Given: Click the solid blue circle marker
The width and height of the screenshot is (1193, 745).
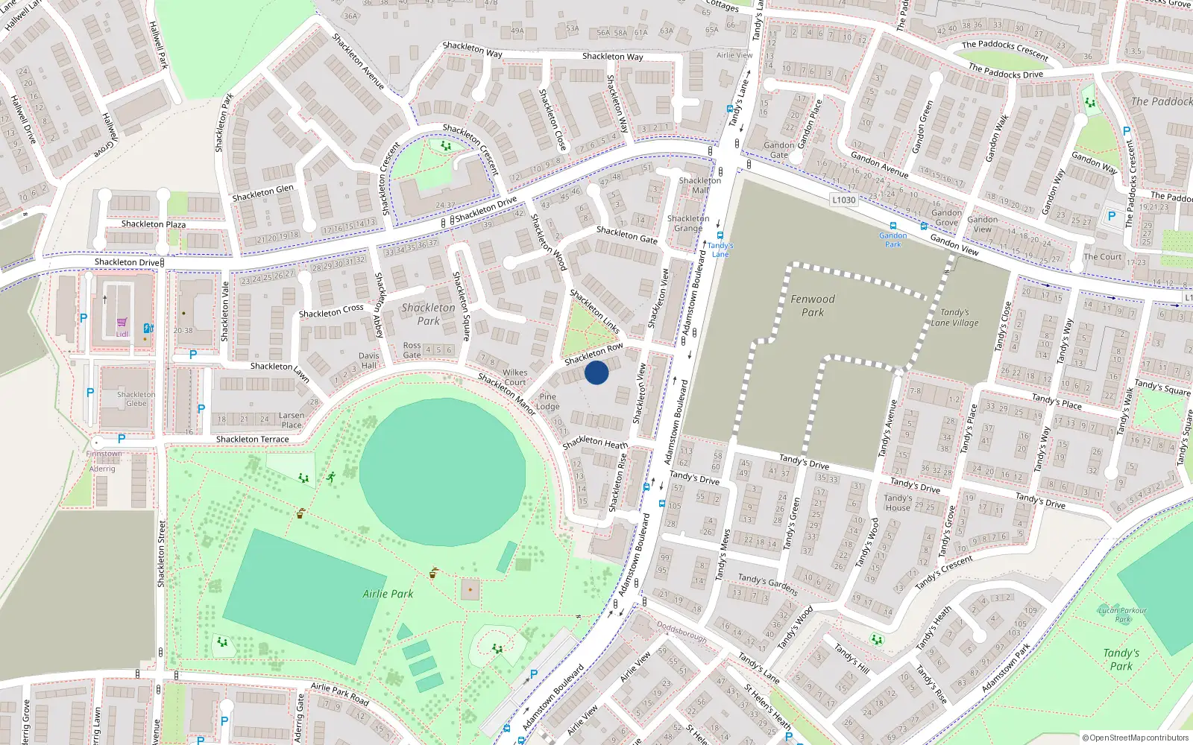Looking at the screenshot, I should pyautogui.click(x=596, y=372).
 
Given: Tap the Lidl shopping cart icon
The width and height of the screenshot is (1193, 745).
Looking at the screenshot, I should pyautogui.click(x=122, y=323).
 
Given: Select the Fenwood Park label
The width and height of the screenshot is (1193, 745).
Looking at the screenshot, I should pyautogui.click(x=813, y=305).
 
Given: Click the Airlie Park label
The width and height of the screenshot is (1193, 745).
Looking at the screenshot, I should pyautogui.click(x=388, y=594).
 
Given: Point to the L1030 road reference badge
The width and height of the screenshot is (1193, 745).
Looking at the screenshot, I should pyautogui.click(x=843, y=200).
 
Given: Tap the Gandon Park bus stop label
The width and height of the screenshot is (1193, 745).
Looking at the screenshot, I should pyautogui.click(x=893, y=240).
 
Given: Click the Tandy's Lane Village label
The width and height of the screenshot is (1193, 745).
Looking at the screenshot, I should pyautogui.click(x=955, y=317).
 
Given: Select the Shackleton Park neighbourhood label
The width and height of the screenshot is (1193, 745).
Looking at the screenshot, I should pyautogui.click(x=428, y=314).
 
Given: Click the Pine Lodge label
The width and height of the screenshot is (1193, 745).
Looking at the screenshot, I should pyautogui.click(x=547, y=402).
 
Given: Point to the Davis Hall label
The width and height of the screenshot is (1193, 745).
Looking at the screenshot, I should pyautogui.click(x=369, y=361).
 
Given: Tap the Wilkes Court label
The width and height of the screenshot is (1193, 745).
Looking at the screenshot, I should pyautogui.click(x=514, y=377).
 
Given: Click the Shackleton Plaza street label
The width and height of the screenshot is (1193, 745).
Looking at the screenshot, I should pyautogui.click(x=154, y=224).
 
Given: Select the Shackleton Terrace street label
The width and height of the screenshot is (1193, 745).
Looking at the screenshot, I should pyautogui.click(x=252, y=440).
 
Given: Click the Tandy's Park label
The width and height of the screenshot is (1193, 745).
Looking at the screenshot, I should pyautogui.click(x=1121, y=659).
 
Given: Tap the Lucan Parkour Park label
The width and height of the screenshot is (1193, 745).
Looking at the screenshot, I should pyautogui.click(x=1123, y=615).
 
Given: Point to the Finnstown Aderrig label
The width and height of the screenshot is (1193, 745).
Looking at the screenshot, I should pyautogui.click(x=103, y=461).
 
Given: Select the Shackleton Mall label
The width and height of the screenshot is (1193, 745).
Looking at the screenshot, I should pyautogui.click(x=700, y=186).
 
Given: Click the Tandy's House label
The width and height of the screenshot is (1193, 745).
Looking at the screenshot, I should pyautogui.click(x=898, y=503).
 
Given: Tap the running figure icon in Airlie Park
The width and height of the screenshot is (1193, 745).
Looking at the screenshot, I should pyautogui.click(x=330, y=477).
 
